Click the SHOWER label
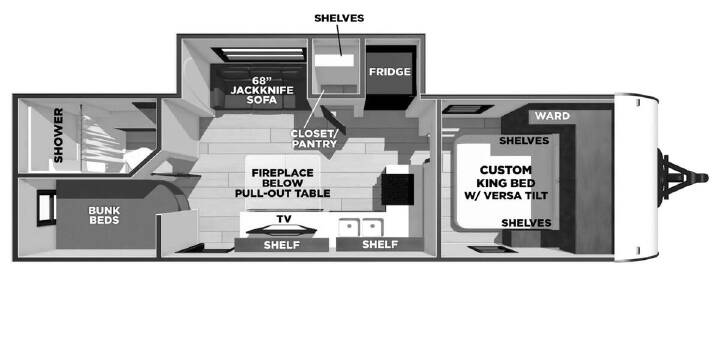pos(58,135)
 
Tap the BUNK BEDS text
pos(105,215)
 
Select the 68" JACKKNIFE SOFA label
pos(261,90)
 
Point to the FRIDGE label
pos(390,72)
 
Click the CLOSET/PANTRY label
pos(315,139)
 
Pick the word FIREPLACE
pos(282,173)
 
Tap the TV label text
pos(284,219)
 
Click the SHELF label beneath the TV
pos(281,245)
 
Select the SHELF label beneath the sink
pos(380,244)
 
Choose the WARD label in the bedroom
pos(552,116)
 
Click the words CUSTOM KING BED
pos(505,176)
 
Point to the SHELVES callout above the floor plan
pos(339,18)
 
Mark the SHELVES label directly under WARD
pos(524,141)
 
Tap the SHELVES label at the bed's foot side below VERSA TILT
pos(526,223)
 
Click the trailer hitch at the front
pos(683,177)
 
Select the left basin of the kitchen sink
pos(349,228)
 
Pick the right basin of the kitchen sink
pos(372,228)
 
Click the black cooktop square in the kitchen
pos(398,189)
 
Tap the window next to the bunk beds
pos(46,208)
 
